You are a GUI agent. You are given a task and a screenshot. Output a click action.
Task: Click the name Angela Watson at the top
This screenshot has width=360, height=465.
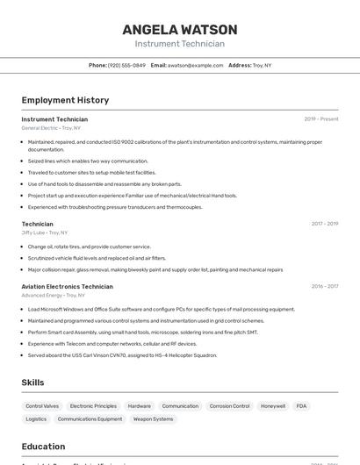click(x=179, y=30)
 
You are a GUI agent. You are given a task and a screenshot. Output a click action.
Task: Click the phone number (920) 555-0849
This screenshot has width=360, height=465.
click(x=126, y=65)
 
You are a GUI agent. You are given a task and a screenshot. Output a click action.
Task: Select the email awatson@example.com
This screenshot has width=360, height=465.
click(x=195, y=65)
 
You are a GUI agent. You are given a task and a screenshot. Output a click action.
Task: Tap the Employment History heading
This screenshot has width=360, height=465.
click(x=65, y=100)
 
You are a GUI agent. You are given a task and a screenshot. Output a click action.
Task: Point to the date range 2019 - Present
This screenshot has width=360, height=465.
click(x=320, y=119)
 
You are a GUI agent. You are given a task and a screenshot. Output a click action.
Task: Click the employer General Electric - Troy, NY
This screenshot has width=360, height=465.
click(x=51, y=128)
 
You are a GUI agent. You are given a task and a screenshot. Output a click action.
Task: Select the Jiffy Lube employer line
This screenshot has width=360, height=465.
click(x=44, y=232)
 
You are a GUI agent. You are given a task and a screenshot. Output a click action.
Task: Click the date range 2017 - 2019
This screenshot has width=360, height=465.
click(x=324, y=224)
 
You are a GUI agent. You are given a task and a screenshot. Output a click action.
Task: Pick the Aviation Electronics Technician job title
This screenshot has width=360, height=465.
click(x=67, y=286)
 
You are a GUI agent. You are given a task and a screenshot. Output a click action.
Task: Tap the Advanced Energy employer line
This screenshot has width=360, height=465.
click(x=54, y=296)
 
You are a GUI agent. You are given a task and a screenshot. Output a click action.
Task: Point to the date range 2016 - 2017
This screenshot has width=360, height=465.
click(x=324, y=286)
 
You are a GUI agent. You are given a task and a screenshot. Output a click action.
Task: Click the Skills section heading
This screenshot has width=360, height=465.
click(x=32, y=383)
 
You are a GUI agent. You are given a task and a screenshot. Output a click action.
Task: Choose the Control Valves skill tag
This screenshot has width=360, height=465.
click(x=42, y=406)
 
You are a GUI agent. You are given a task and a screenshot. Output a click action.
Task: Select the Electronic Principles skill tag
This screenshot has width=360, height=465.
click(x=93, y=406)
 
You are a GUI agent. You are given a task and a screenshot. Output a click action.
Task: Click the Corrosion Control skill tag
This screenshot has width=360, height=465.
click(x=229, y=406)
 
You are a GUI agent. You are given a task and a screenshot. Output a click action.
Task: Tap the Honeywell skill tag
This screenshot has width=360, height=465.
click(x=273, y=406)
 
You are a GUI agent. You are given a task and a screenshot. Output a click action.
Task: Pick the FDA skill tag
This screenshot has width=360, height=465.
click(x=301, y=406)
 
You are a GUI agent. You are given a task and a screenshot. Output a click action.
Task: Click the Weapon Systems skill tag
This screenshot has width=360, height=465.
click(x=153, y=419)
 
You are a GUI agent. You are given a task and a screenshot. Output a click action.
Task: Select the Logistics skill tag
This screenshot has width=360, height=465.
click(x=36, y=419)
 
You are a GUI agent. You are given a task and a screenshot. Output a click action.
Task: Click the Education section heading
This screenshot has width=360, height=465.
click(x=43, y=446)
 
